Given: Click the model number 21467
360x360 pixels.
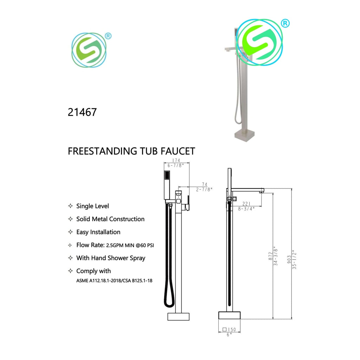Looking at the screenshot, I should pyautogui.click(x=82, y=112).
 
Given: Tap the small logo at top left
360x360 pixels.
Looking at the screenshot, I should pyautogui.click(x=89, y=50).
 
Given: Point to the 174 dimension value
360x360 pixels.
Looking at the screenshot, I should pyautogui.click(x=176, y=161).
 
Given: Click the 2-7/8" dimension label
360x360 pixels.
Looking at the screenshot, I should pyautogui.click(x=204, y=189).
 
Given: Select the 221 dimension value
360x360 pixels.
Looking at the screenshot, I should pyautogui.click(x=246, y=204).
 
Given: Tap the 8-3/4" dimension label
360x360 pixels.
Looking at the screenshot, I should pyautogui.click(x=246, y=208).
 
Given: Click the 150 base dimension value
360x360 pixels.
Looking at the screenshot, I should pyautogui.click(x=232, y=329).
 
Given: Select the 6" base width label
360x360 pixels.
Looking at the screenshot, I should pyautogui.click(x=229, y=335).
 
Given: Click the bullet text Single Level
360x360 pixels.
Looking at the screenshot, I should pyautogui.click(x=92, y=206).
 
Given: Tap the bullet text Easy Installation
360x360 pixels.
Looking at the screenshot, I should pyautogui.click(x=98, y=232).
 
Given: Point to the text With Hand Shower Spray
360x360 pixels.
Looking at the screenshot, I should pyautogui.click(x=110, y=258).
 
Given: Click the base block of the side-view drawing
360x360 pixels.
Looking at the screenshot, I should pyautogui.click(x=229, y=315).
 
